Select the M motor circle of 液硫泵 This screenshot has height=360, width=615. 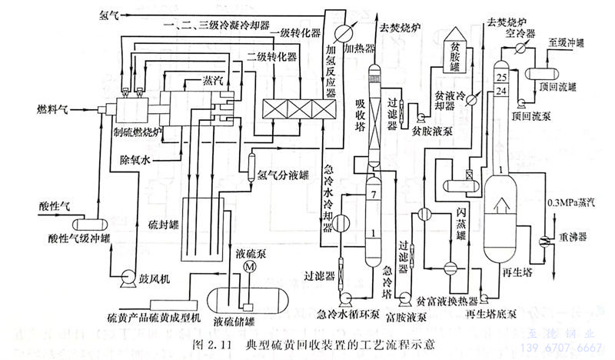[248, 265]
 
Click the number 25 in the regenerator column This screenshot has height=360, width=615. [502, 78]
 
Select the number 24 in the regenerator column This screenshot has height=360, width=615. [502, 92]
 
